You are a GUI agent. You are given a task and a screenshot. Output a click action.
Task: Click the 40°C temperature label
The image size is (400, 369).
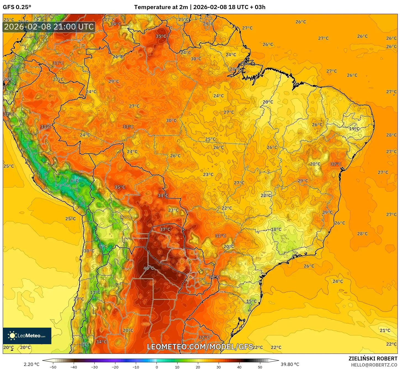[149, 268]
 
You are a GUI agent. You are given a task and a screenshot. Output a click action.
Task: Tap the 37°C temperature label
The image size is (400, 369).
[165, 229]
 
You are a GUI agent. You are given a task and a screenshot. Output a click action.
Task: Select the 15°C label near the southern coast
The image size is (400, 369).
[251, 301]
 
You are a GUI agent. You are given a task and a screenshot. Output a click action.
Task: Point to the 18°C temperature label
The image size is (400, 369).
[276, 229]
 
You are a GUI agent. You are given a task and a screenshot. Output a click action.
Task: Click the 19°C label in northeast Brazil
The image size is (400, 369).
[354, 129]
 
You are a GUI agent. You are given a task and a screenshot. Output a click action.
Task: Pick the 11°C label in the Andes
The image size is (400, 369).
[95, 292]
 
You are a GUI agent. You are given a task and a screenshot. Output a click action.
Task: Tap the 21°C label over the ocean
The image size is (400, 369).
[385, 330]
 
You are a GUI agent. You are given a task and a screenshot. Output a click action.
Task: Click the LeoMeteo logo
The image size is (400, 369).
[27, 336]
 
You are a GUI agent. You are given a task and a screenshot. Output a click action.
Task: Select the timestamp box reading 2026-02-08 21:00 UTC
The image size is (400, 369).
[49, 27]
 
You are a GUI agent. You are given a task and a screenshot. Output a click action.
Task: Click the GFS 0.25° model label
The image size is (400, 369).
[17, 7]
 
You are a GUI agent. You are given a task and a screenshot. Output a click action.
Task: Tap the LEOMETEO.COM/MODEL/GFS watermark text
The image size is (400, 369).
[200, 347]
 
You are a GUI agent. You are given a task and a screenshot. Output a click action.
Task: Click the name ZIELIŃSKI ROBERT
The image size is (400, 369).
[373, 359]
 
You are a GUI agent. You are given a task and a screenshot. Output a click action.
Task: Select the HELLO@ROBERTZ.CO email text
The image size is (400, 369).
[374, 365]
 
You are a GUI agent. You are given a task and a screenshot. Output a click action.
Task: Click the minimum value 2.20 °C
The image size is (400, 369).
[31, 364]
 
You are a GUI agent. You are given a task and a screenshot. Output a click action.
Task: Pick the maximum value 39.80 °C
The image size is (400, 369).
[290, 364]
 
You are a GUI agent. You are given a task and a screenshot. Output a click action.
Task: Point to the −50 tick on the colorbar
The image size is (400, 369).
[53, 367]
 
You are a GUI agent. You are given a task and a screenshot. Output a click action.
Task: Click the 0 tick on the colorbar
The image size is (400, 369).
[157, 367]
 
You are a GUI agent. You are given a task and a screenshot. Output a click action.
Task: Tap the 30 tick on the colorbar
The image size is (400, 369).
[219, 367]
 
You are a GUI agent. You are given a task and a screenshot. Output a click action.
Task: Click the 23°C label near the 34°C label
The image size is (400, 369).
[173, 210]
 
